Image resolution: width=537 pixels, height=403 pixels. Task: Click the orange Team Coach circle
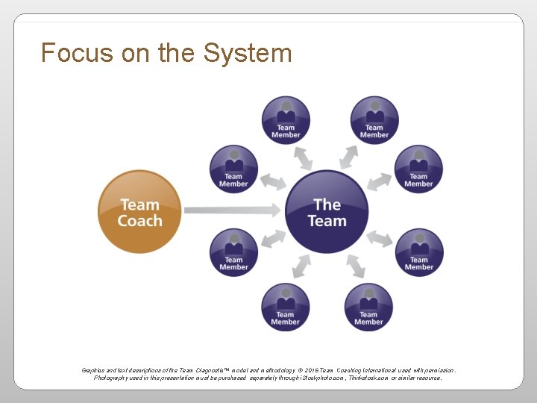[x=140, y=212]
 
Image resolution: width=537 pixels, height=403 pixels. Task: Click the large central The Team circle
[x=327, y=212]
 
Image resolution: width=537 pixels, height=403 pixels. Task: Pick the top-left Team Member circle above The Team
[x=286, y=119]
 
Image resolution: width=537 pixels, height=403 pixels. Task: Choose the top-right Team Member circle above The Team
[x=374, y=119]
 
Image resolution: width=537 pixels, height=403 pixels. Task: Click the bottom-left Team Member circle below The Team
[x=285, y=307]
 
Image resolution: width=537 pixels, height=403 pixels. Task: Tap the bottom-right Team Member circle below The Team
[x=368, y=307]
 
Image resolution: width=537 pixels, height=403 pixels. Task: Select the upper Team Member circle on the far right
[x=418, y=169]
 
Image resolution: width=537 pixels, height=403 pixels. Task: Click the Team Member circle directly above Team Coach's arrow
[x=233, y=169]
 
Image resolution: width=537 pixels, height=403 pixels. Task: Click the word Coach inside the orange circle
[x=140, y=221]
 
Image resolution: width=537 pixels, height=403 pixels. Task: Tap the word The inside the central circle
[x=327, y=204]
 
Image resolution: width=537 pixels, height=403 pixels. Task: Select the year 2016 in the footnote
[x=308, y=370]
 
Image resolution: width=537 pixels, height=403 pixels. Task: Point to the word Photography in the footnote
[x=113, y=378]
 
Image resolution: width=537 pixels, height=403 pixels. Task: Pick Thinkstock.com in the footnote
[x=363, y=378]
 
